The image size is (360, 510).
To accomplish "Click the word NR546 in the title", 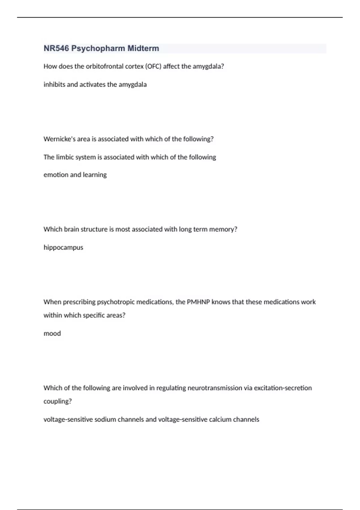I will coord(56,48).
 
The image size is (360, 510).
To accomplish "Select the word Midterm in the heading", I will coord(143,48).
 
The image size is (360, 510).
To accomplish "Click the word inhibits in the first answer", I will coord(54,85).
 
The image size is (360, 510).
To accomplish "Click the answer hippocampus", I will coord(63,247).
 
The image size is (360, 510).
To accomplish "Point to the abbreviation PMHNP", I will coord(198,302).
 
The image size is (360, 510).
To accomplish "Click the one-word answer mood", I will coord(52,333).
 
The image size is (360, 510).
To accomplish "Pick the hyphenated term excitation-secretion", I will coord(283,388).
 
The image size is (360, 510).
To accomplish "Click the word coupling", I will coord(57,401).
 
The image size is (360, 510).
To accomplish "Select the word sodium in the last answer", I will coord(105,419).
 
